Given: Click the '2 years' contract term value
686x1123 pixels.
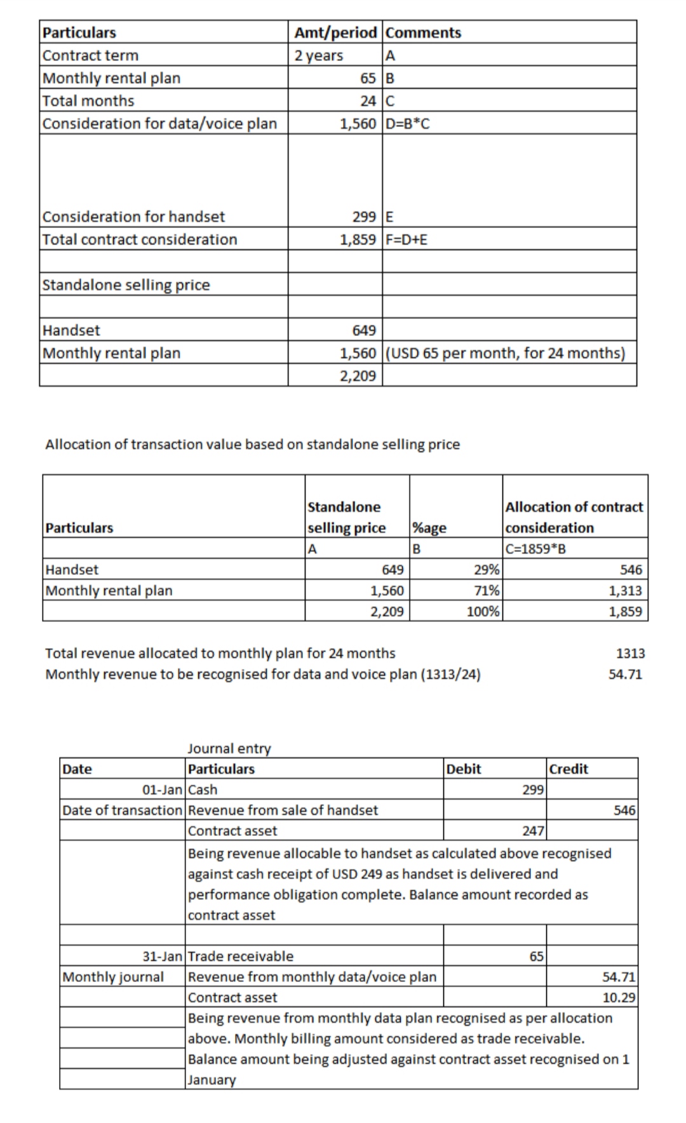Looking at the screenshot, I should click(x=319, y=55).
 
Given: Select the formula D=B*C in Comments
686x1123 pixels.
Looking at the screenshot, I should click(x=408, y=123).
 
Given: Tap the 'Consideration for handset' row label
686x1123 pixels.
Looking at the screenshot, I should click(x=133, y=217).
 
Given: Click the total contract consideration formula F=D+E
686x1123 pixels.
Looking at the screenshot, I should click(x=407, y=239).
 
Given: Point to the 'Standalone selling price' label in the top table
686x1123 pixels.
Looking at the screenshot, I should click(x=126, y=285).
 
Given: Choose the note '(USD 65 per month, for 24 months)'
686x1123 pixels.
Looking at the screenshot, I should click(x=506, y=353).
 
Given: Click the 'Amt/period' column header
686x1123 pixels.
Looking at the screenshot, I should click(x=335, y=32).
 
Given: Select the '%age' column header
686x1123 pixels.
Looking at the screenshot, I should click(x=429, y=528).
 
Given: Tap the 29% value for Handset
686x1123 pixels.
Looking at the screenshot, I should click(x=487, y=570).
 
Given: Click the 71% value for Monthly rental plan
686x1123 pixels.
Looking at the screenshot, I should click(x=487, y=591).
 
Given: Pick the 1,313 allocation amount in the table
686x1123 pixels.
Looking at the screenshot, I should click(x=625, y=591).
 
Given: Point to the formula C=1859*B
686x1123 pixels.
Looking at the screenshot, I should click(x=535, y=549).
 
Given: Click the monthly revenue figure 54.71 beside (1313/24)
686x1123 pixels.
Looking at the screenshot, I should click(x=625, y=674).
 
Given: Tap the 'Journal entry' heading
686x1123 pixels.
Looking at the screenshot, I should click(x=229, y=748).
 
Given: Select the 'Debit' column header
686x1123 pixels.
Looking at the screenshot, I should click(x=464, y=769).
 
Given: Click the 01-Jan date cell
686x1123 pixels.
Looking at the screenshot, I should click(x=161, y=790).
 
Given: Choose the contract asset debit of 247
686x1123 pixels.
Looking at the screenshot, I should click(x=533, y=831).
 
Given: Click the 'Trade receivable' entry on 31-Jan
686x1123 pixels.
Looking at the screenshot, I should click(x=241, y=956).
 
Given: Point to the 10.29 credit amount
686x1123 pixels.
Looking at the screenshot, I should click(x=619, y=997).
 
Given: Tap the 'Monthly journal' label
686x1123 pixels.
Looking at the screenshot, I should click(x=113, y=977).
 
